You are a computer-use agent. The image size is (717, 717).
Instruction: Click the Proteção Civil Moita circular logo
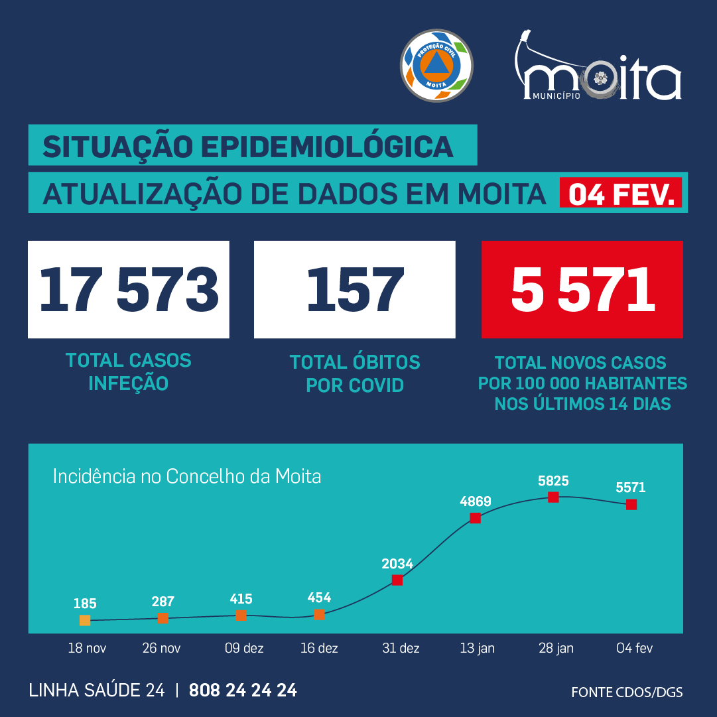click(x=436, y=65)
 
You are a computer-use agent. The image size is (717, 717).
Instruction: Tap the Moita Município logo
click(x=598, y=69)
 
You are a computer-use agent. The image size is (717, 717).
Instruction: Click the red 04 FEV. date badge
click(x=621, y=194)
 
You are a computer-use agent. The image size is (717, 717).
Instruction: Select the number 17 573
click(x=129, y=290)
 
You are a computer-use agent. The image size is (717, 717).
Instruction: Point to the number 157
click(x=355, y=290)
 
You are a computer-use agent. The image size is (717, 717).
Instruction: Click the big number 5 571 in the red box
click(x=582, y=290)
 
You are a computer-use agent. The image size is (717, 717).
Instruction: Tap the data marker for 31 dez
click(x=397, y=580)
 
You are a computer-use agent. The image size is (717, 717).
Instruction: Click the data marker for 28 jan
click(x=553, y=497)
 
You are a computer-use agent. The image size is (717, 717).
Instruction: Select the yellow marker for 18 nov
click(x=85, y=620)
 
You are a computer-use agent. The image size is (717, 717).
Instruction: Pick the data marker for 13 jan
click(x=475, y=518)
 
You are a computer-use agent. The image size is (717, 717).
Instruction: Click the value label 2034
click(x=397, y=564)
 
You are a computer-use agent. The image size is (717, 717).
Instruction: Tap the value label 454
click(x=319, y=598)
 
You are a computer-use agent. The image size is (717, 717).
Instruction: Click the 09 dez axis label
click(x=243, y=648)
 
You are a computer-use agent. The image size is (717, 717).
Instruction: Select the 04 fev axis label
click(x=634, y=648)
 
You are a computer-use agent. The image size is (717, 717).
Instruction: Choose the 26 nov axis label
click(x=161, y=648)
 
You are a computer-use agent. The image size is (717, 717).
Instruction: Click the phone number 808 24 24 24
click(x=243, y=690)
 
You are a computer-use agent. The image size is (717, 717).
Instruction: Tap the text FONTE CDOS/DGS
click(x=627, y=692)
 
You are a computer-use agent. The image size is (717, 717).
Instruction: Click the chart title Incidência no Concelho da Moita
click(x=186, y=476)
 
